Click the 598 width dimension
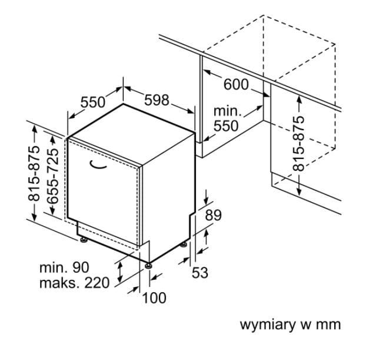157,101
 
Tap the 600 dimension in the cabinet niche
236,84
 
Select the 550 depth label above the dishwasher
93,102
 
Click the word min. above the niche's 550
227,111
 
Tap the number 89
213,216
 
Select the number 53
200,273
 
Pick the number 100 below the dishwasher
154,298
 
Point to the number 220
97,283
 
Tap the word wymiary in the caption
265,325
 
